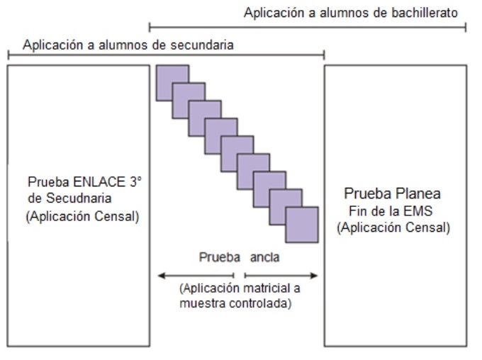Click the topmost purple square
[172, 81]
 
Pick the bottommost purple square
[302, 225]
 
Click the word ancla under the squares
[264, 257]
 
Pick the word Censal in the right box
[425, 228]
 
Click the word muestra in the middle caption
[201, 305]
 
